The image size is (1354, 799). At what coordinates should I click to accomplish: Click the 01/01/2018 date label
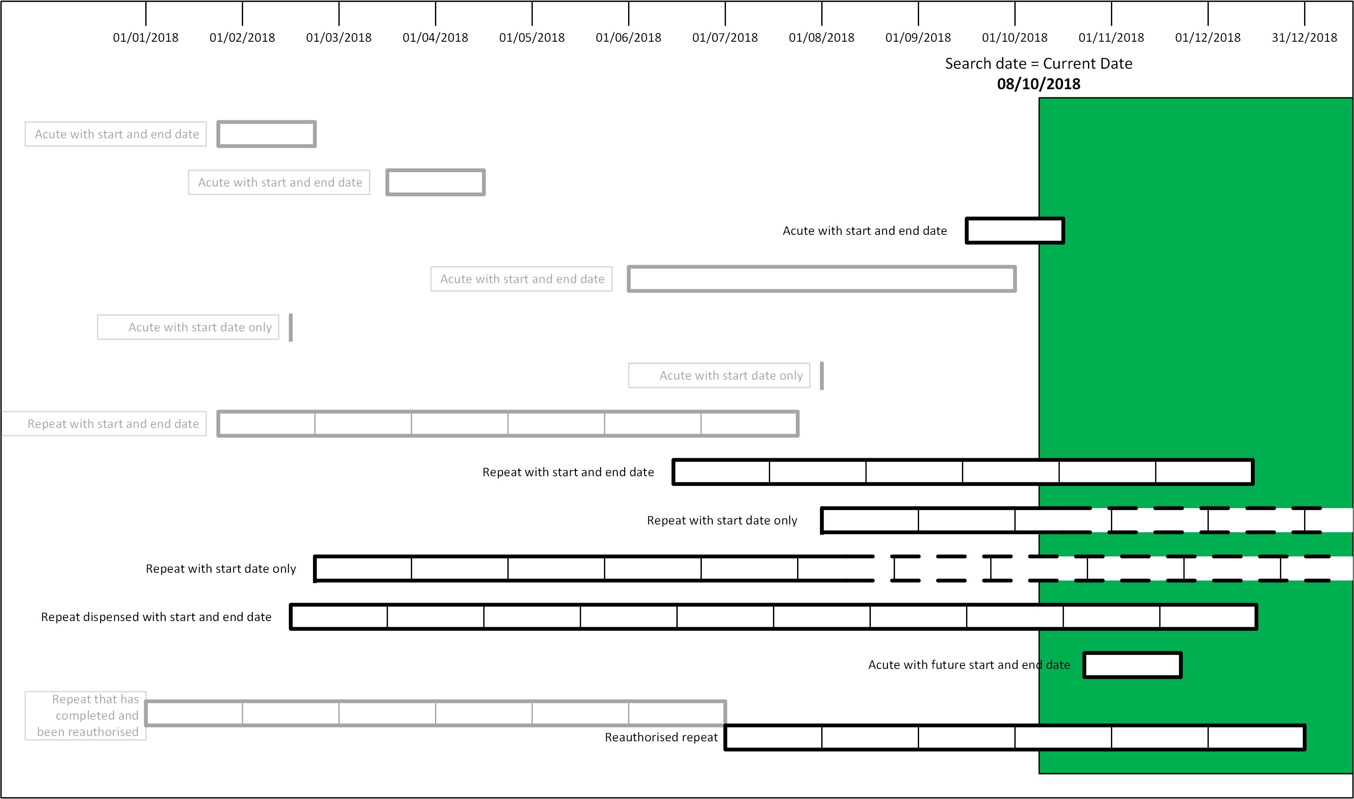click(145, 38)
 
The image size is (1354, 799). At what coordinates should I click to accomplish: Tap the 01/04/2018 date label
click(435, 38)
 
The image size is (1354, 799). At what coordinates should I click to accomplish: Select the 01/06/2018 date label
click(628, 38)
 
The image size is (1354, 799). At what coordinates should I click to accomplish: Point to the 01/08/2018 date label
click(822, 38)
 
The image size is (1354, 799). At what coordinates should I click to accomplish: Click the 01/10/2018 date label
click(1015, 38)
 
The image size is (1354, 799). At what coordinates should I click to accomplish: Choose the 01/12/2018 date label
click(1208, 38)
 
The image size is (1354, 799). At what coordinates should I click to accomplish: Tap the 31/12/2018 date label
click(1304, 38)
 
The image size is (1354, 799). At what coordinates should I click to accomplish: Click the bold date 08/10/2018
click(1039, 84)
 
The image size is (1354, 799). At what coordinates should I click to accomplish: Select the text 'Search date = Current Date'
click(1039, 63)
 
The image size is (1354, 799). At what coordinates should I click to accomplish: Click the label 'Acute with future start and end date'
click(969, 665)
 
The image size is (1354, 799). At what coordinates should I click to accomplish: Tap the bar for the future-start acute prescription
click(1133, 665)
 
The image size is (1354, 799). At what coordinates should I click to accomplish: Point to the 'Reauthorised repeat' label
click(661, 737)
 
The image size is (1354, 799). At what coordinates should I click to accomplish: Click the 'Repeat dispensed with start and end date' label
click(156, 617)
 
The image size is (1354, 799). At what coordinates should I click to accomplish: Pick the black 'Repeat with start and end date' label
click(568, 472)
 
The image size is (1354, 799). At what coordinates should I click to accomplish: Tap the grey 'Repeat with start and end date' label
click(113, 424)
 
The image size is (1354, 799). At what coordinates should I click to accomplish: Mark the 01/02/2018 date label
click(242, 38)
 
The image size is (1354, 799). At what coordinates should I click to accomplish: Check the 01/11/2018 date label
click(1111, 38)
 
